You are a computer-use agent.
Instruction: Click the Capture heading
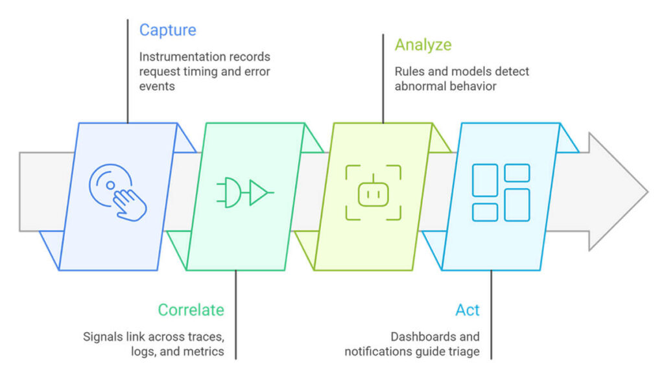[x=167, y=30]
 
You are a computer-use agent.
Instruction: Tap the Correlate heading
[x=191, y=310]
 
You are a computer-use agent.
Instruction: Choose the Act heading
[x=467, y=310]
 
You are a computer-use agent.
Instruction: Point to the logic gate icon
[x=244, y=192]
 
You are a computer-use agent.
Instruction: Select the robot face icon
[x=373, y=192]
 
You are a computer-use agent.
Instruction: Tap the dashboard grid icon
[x=501, y=192]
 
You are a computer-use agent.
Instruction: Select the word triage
[x=464, y=352]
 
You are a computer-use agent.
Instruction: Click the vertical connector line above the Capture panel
[x=127, y=71]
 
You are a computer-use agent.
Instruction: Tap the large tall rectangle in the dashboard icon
[x=517, y=205]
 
